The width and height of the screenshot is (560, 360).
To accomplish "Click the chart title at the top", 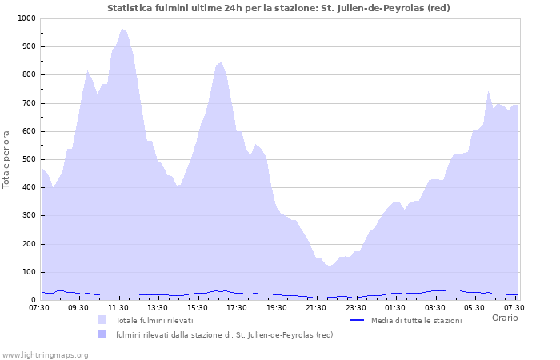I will (278, 8).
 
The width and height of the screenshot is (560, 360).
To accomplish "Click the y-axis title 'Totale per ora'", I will (7, 159).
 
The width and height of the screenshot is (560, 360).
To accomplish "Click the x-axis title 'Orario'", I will (504, 318).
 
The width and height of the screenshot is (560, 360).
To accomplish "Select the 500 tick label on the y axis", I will (28, 159).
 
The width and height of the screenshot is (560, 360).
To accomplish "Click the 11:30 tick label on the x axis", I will (118, 307).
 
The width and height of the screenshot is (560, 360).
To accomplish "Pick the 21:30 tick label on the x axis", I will (316, 307).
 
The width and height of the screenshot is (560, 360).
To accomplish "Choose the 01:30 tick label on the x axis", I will (395, 307).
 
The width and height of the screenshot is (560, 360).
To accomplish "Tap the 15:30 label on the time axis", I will (198, 307).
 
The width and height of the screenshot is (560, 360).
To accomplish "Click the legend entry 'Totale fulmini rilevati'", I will (154, 320).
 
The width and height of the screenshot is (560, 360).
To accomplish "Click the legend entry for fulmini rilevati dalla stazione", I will (224, 334).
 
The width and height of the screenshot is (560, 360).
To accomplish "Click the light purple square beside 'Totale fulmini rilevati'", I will (102, 320).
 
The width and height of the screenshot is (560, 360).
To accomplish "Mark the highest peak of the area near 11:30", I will (122, 29).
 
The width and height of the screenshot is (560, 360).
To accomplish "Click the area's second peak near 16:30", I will (221, 62).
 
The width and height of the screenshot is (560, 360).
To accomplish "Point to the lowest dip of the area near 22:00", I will (329, 266).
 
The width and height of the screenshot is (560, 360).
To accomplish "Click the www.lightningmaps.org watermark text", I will (45, 354).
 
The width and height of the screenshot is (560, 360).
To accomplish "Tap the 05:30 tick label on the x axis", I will (474, 307).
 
